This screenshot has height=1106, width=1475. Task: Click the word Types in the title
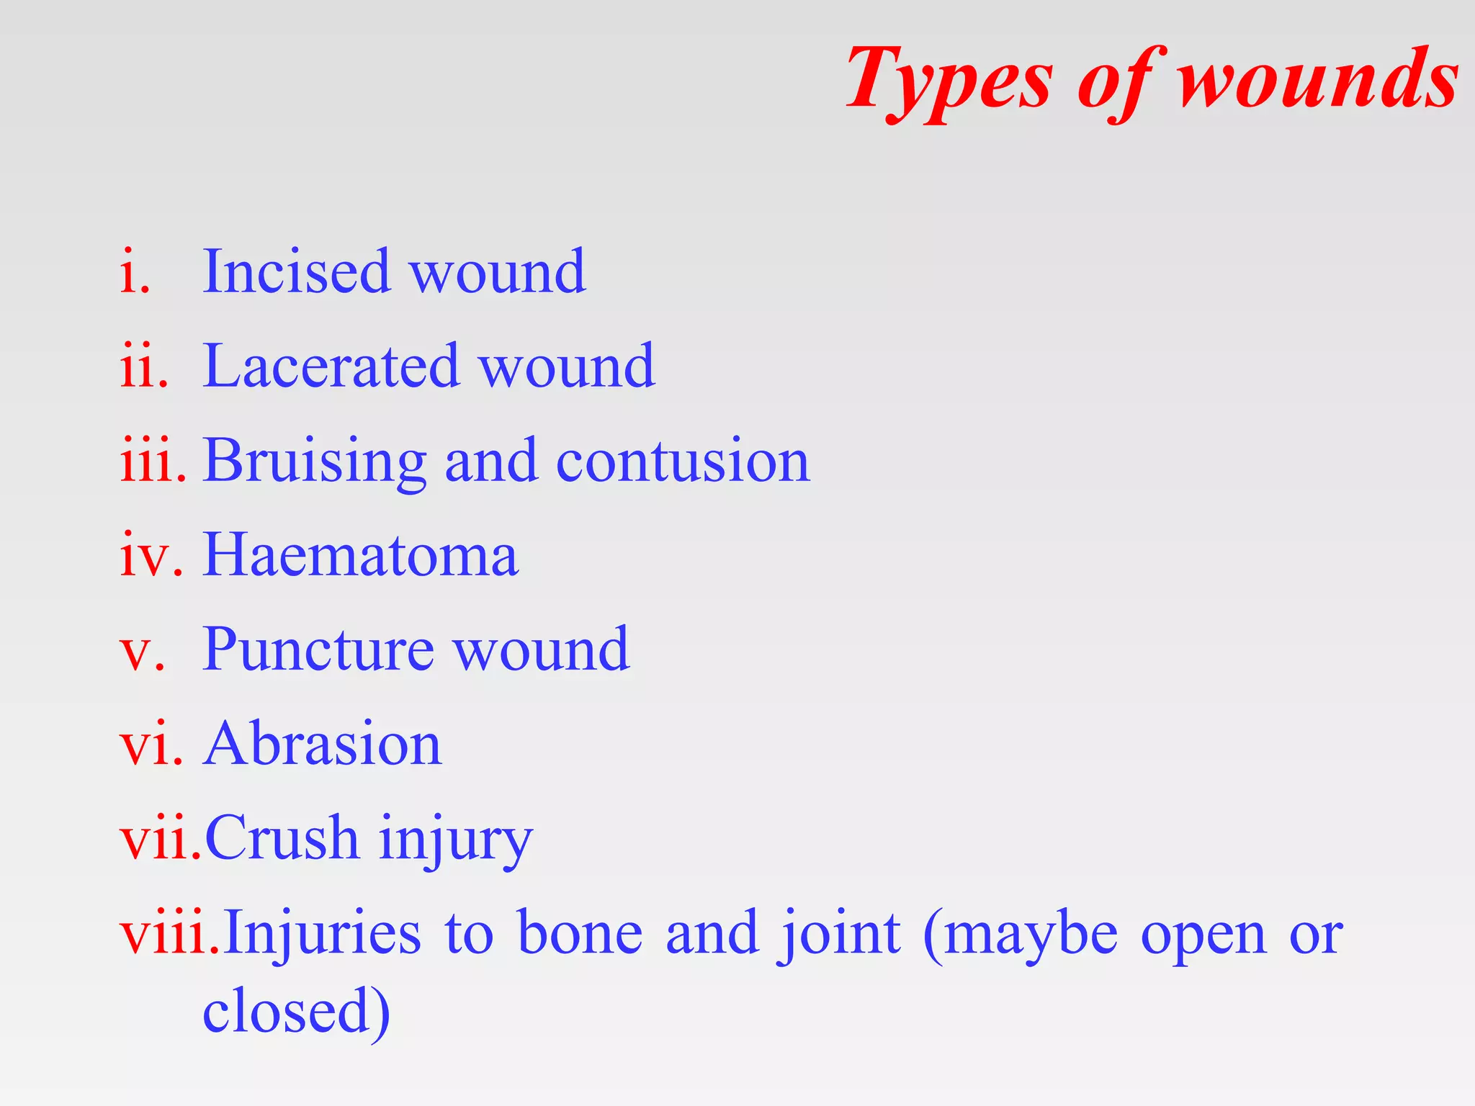point(949,79)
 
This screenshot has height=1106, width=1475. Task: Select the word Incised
point(296,271)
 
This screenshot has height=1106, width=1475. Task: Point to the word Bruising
point(315,461)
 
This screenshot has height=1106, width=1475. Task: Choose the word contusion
point(683,461)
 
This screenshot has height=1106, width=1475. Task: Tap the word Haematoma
point(360,555)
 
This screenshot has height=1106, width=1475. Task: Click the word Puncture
point(318,649)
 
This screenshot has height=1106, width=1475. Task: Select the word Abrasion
point(322,744)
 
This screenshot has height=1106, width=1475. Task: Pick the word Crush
point(282,838)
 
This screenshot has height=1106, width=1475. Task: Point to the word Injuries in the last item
point(322,934)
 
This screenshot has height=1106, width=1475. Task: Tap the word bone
point(580,934)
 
